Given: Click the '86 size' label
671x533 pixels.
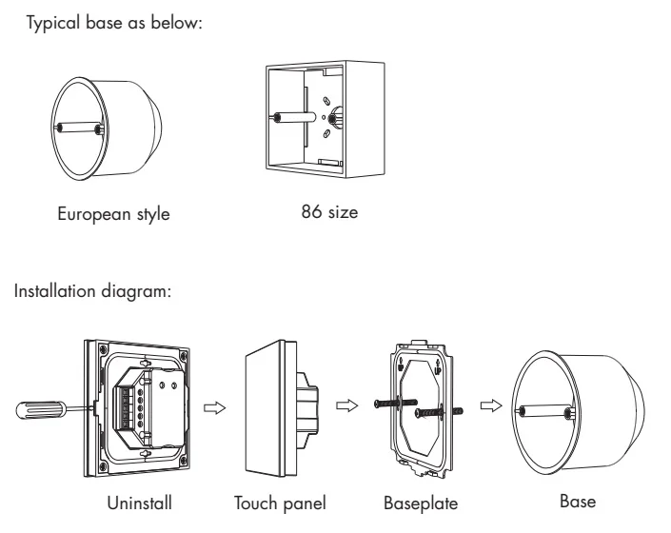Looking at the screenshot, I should (328, 212).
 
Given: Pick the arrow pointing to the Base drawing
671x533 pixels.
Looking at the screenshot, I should (488, 405).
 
